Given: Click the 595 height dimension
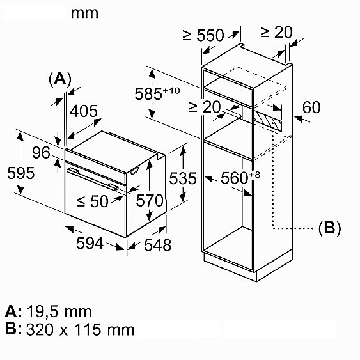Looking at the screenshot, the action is pyautogui.click(x=20, y=173).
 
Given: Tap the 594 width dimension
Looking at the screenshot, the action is pyautogui.click(x=90, y=243).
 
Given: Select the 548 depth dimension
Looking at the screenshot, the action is pyautogui.click(x=158, y=245).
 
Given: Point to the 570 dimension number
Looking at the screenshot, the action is pyautogui.click(x=150, y=200).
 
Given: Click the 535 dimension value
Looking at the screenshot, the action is pyautogui.click(x=183, y=178).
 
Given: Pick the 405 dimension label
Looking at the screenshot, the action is pyautogui.click(x=84, y=111).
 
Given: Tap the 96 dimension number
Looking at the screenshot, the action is pyautogui.click(x=41, y=153).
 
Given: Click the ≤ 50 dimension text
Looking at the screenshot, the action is pyautogui.click(x=92, y=201).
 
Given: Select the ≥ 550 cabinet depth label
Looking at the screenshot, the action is pyautogui.click(x=203, y=35).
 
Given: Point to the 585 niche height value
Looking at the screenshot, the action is pyautogui.click(x=148, y=93).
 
